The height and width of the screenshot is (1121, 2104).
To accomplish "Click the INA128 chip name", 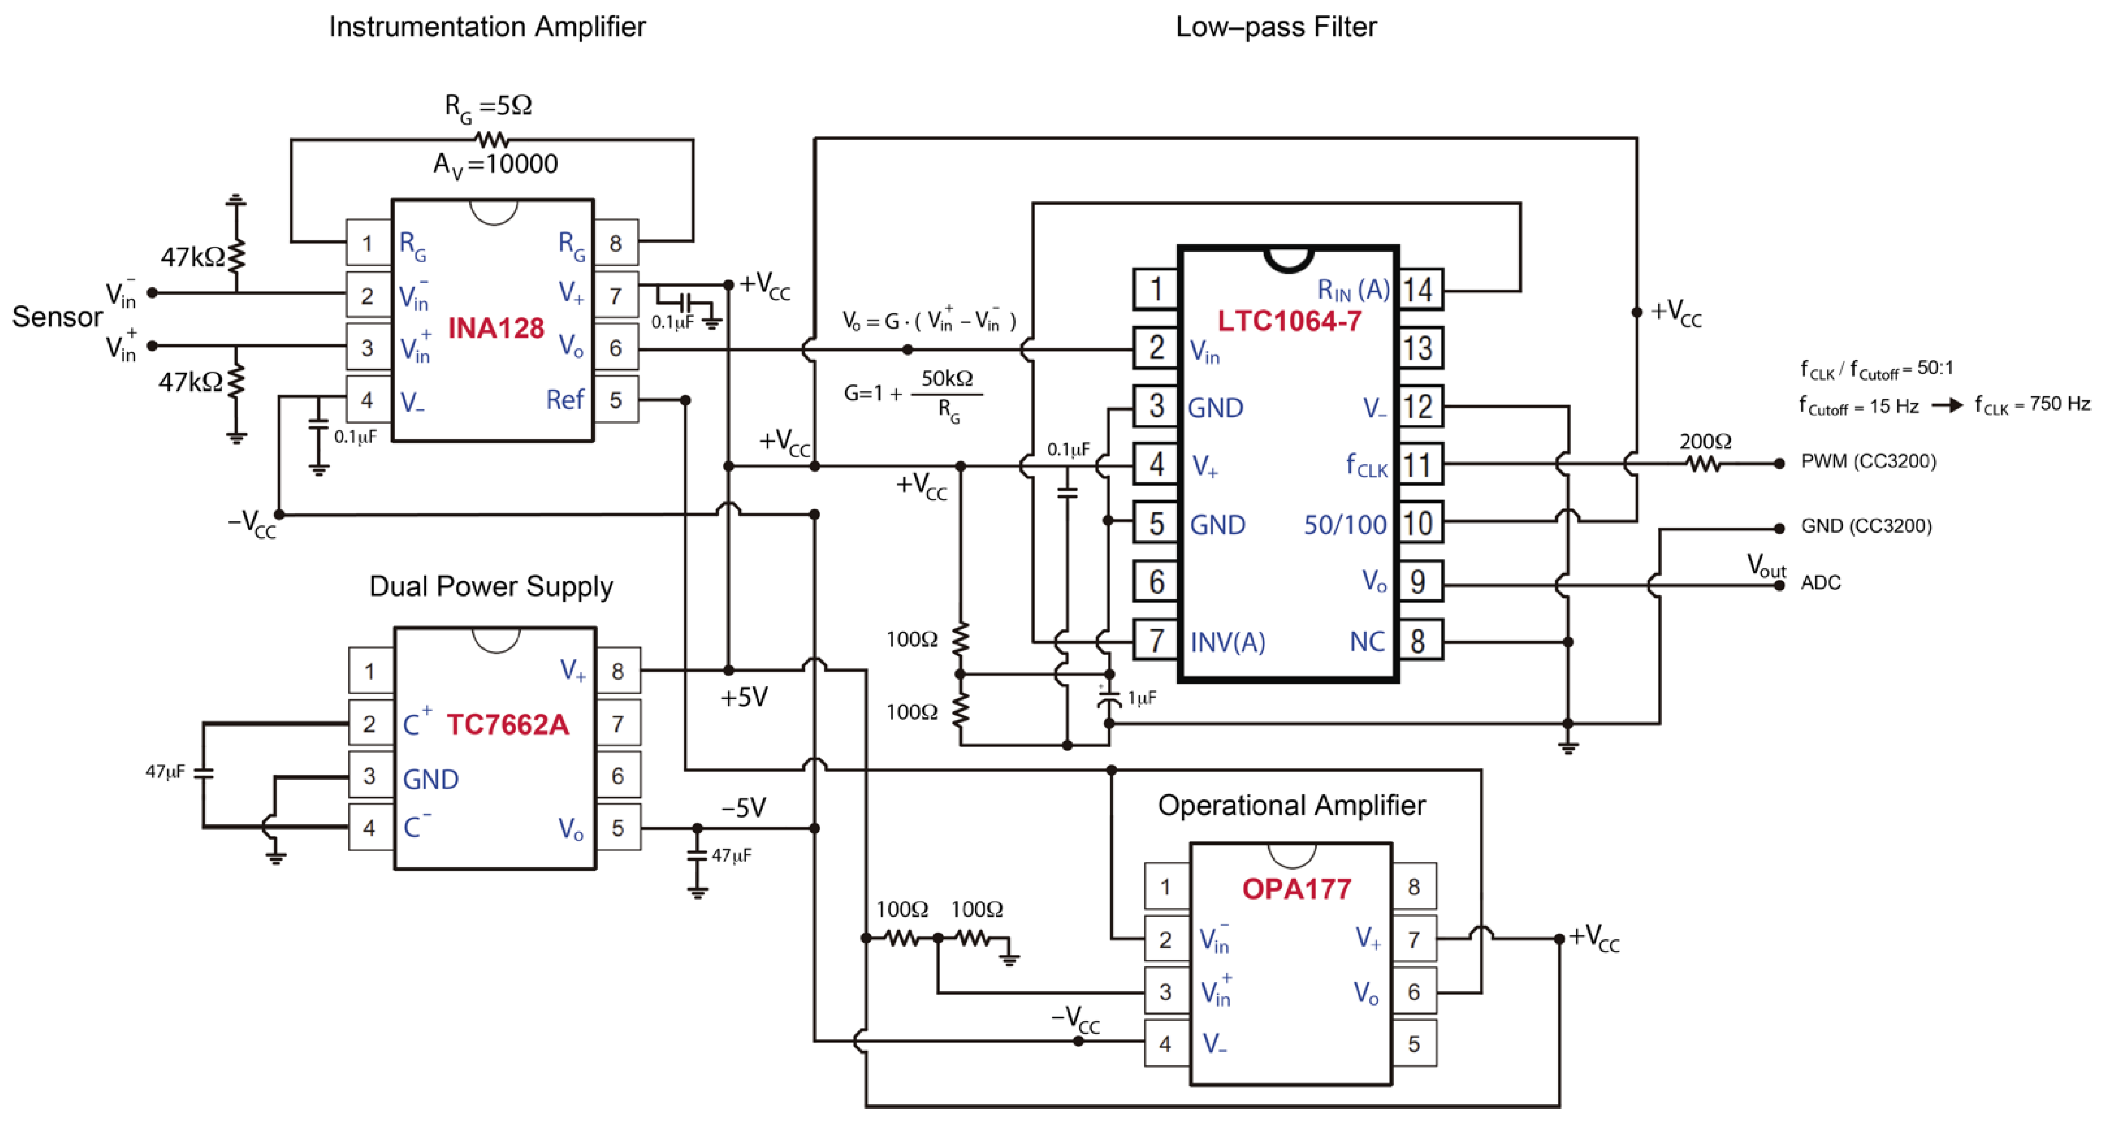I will click(496, 329).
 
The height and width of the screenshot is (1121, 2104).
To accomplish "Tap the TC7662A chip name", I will click(507, 725).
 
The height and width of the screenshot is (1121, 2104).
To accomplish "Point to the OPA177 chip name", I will click(1296, 889).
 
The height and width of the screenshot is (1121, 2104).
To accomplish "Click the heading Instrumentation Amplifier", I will click(487, 27).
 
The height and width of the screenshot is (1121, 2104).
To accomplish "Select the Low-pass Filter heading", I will click(1276, 27).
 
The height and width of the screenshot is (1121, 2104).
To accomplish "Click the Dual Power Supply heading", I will click(491, 587).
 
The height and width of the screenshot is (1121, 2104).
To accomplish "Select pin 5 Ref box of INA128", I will click(616, 400).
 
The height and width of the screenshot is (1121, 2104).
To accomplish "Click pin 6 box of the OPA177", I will click(1414, 992).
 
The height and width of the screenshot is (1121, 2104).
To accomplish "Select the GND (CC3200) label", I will click(1866, 526).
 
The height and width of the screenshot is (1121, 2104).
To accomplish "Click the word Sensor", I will click(57, 317).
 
